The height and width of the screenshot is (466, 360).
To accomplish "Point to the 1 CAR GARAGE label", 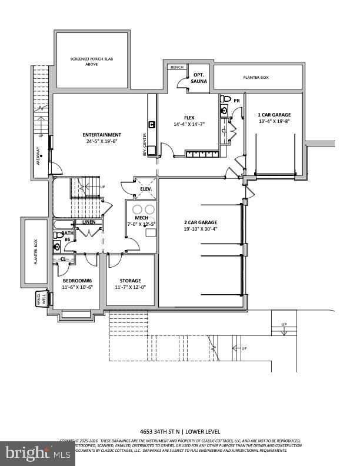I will (275, 115).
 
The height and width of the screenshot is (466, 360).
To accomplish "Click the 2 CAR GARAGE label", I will (200, 222).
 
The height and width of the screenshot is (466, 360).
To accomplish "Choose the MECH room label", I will (141, 218).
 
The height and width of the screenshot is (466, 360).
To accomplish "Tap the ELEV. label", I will (145, 189).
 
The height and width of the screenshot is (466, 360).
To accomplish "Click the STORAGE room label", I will (129, 281).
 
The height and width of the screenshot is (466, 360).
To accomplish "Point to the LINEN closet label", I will (88, 222).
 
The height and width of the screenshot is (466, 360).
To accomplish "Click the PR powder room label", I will (237, 101).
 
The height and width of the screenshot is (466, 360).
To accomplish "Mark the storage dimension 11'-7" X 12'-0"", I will (129, 287).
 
